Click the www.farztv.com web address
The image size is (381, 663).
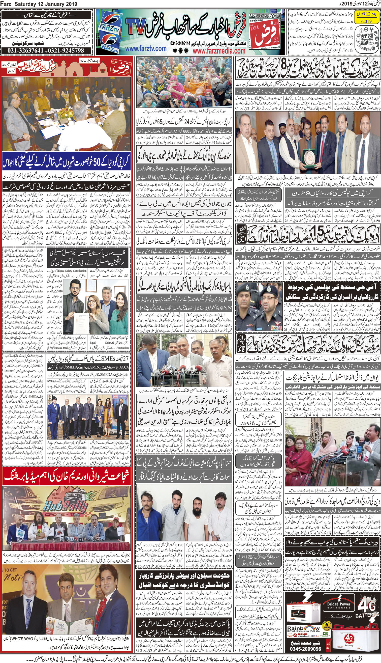tap(146, 48)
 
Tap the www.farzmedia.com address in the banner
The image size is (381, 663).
tap(219, 50)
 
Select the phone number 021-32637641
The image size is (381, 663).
tap(25, 50)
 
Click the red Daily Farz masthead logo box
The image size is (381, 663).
tap(264, 34)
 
